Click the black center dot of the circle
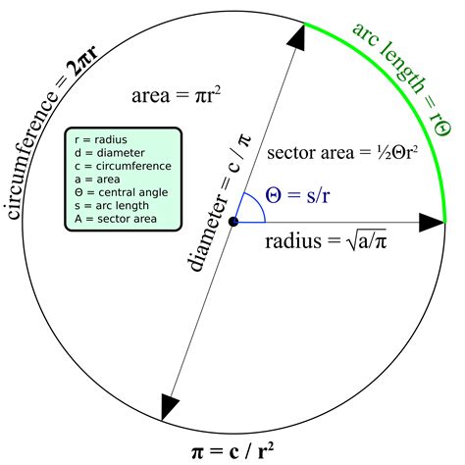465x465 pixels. [x=233, y=222]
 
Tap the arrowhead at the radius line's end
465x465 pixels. [x=432, y=223]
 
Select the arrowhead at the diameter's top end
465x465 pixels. [x=297, y=36]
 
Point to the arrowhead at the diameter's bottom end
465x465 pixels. [x=169, y=406]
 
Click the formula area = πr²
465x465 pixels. [x=176, y=96]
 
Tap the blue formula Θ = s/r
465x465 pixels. [x=297, y=195]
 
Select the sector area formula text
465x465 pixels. [x=342, y=152]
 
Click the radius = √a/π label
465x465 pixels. [x=326, y=240]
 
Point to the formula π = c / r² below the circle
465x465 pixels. [x=232, y=450]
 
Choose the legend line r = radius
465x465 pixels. [x=101, y=140]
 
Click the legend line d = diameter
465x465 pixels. [x=110, y=153]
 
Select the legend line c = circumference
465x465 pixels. [x=123, y=166]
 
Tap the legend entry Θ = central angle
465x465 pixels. [x=121, y=192]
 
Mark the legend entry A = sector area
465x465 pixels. [x=116, y=219]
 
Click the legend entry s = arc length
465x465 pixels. [x=112, y=206]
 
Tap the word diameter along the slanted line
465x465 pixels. [x=207, y=233]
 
